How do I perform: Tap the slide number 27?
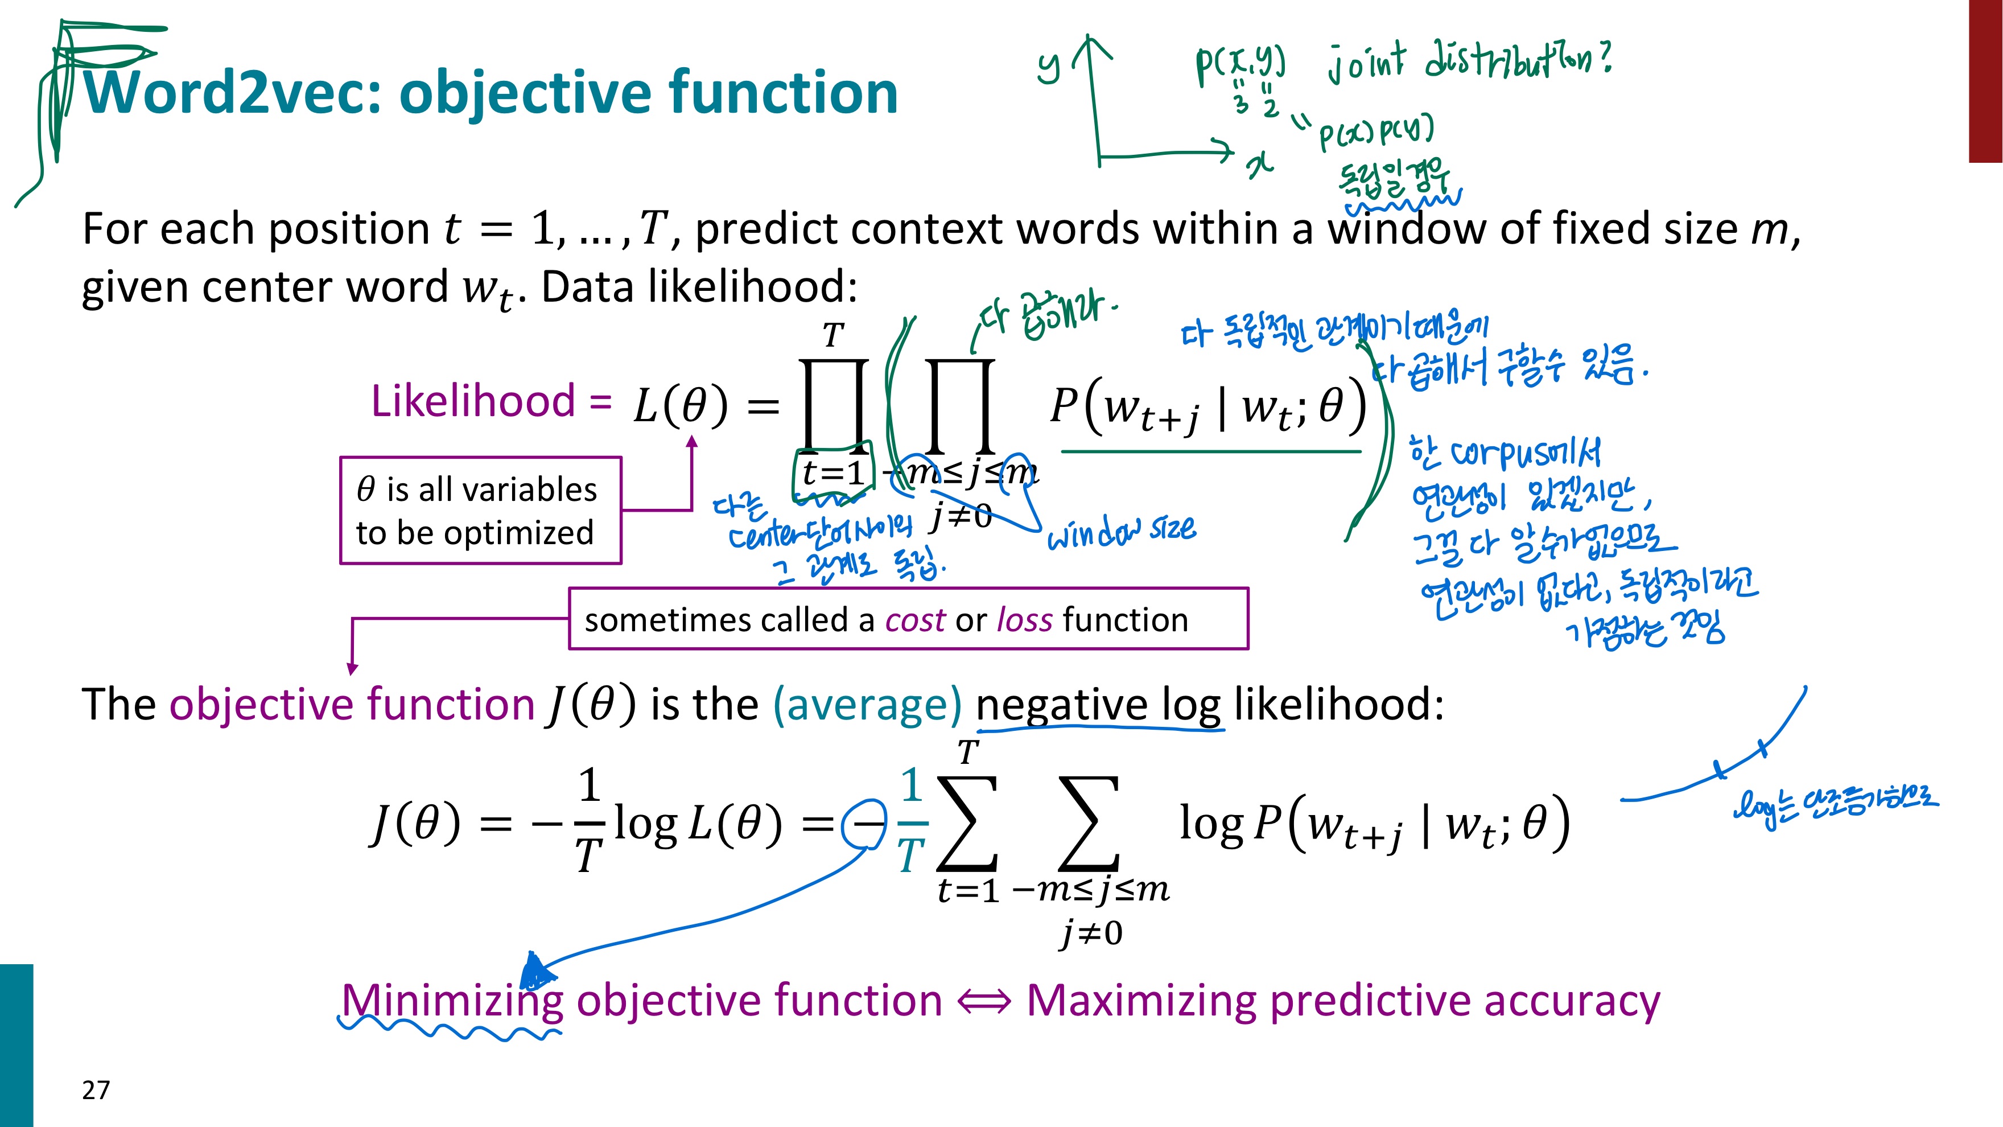96,1089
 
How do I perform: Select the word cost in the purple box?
914,620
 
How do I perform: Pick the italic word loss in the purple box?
1025,620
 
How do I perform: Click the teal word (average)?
867,704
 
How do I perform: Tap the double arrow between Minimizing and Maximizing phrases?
984,1001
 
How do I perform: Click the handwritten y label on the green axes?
1049,65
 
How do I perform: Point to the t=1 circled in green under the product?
832,472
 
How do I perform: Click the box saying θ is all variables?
480,510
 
